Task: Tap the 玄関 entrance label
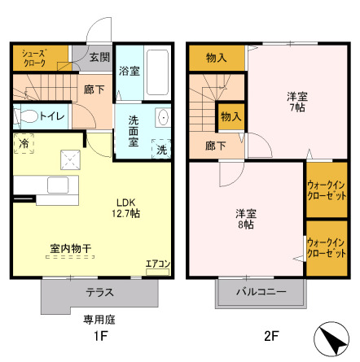pos(99,57)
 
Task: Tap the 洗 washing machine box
pos(161,150)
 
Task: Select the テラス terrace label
pos(99,292)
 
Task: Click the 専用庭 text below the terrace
pos(96,320)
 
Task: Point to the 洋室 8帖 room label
pos(244,220)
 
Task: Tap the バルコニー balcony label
pos(261,291)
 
